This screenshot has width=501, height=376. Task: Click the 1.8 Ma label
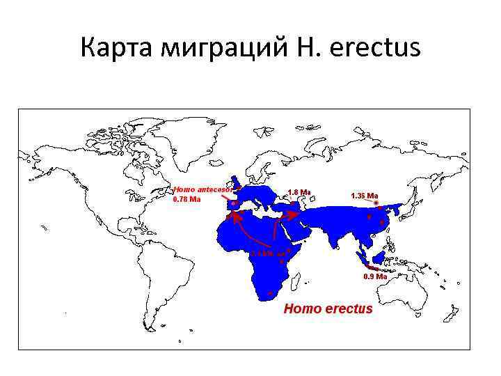(x=299, y=192)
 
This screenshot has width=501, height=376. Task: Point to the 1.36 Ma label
(x=365, y=196)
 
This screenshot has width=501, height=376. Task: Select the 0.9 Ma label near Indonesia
(x=375, y=276)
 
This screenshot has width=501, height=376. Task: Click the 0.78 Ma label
(x=186, y=198)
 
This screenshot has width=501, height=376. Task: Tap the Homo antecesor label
(x=202, y=189)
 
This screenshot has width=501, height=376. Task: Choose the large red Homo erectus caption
(x=328, y=308)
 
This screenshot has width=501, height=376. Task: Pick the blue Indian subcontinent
(x=339, y=233)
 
